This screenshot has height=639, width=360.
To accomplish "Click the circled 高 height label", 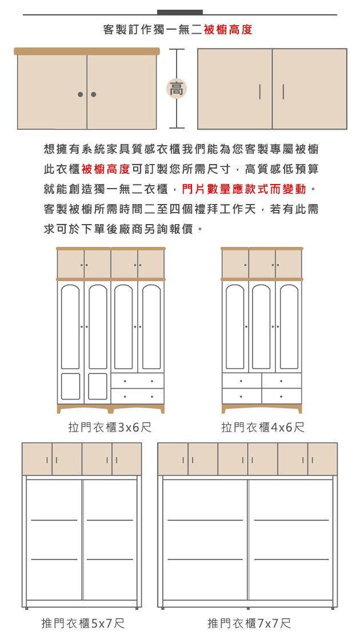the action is point(177,89).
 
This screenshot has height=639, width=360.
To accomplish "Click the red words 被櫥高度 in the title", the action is point(228,30).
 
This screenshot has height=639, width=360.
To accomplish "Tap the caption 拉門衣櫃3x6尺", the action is point(110,427).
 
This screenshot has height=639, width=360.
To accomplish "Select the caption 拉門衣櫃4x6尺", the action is point(263,427).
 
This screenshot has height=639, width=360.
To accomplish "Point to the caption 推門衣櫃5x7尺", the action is point(83,623).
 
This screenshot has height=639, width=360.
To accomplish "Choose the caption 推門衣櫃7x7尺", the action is point(249,623).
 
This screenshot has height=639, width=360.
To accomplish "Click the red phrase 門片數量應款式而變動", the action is point(244,189).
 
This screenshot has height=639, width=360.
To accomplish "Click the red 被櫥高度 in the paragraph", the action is point(106,169).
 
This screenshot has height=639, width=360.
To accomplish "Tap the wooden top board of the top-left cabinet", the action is point(87,51).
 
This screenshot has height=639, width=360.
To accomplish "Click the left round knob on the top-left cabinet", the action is point(81,94).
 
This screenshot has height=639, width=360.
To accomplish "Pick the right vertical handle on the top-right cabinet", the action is point(283,92).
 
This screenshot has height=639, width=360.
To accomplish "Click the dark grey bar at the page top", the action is point(179,12).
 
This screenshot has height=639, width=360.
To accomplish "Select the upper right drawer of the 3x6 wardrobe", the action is point(138,381).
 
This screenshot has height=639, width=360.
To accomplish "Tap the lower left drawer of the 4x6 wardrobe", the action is point(242,396).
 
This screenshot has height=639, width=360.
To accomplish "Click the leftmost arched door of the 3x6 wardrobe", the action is point(70,326).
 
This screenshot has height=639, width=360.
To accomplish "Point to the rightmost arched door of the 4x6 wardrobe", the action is point(289,326).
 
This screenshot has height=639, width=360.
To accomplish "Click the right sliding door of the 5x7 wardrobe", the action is point(110,540).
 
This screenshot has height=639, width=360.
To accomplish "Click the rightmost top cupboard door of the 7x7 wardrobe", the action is point(322,460).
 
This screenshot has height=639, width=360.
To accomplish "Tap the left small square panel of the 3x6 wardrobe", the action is point(70,386).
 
